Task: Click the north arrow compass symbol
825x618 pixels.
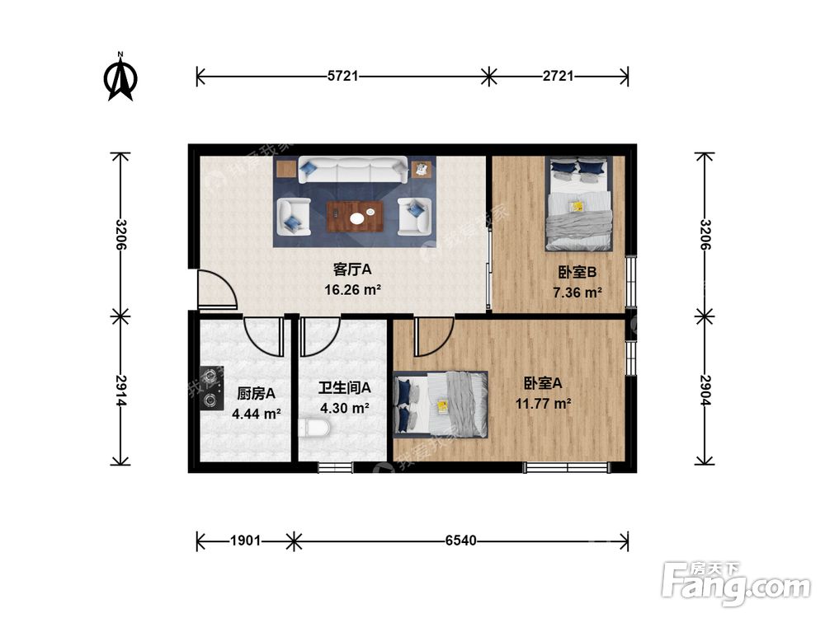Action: tap(120, 77)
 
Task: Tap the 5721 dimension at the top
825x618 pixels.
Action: tap(342, 77)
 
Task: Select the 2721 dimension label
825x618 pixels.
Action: tap(559, 77)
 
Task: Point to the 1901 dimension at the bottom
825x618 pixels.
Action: tap(245, 541)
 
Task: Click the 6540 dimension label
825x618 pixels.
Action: tap(460, 541)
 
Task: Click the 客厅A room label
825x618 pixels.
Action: tap(353, 269)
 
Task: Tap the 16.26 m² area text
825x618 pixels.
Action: tap(353, 289)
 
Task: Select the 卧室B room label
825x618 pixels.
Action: tap(577, 272)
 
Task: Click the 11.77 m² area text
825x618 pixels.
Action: tap(544, 403)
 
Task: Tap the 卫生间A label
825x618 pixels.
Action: tap(344, 387)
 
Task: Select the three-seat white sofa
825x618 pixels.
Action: tap(352, 171)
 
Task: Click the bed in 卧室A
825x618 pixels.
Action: tap(441, 402)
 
